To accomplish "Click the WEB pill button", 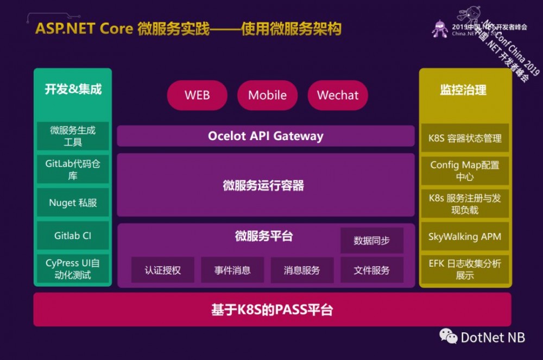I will pyautogui.click(x=197, y=95).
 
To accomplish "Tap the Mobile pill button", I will pyautogui.click(x=267, y=95).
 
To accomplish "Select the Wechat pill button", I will pyautogui.click(x=338, y=95).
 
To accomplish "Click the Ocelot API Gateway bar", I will pyautogui.click(x=266, y=136).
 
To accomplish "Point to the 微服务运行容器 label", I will pyautogui.click(x=263, y=186).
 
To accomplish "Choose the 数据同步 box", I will pyautogui.click(x=372, y=241).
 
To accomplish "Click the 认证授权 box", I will pyautogui.click(x=163, y=270).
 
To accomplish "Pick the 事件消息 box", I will pyautogui.click(x=232, y=270).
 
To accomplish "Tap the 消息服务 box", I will pyautogui.click(x=302, y=270).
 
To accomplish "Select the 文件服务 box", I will pyautogui.click(x=372, y=270).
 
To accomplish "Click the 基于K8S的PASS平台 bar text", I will pyautogui.click(x=272, y=310).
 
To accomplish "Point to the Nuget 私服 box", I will pyautogui.click(x=73, y=203).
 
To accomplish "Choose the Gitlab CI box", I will pyautogui.click(x=73, y=236).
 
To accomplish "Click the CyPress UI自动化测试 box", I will pyautogui.click(x=73, y=269).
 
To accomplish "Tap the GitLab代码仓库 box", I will pyautogui.click(x=73, y=169).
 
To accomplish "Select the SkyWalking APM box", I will pyautogui.click(x=465, y=237).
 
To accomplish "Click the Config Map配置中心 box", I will pyautogui.click(x=465, y=170).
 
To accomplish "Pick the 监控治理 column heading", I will pyautogui.click(x=463, y=90).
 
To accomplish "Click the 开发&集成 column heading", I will pyautogui.click(x=73, y=89).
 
